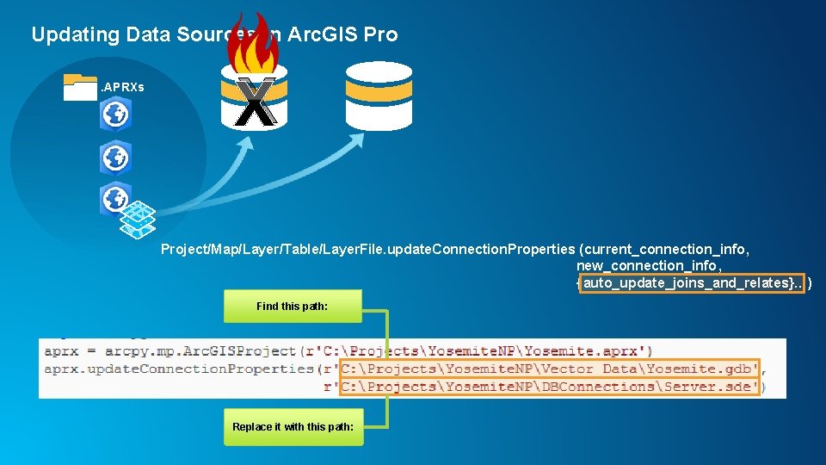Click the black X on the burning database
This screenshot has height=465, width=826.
[x=255, y=102]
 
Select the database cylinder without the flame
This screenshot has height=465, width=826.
[x=379, y=95]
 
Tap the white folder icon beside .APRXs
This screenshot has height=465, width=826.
[x=80, y=87]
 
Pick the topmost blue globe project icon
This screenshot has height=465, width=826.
[x=114, y=114]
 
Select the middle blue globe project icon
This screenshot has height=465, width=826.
[x=114, y=158]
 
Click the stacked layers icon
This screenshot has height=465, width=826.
[x=138, y=219]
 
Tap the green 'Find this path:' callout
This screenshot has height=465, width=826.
[x=293, y=306]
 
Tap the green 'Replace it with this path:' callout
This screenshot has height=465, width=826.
[x=293, y=427]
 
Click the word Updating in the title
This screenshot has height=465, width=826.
[x=76, y=34]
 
